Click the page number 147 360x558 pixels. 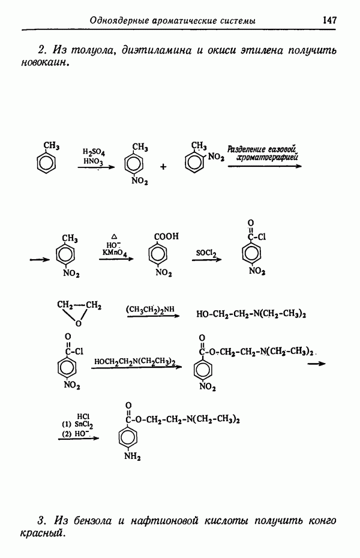click(329, 20)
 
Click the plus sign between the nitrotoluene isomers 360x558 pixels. click(163, 167)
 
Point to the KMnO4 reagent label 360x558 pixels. click(113, 254)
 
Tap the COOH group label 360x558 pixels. click(166, 236)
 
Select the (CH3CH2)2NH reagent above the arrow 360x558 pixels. click(150, 309)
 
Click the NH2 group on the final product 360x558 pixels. click(132, 459)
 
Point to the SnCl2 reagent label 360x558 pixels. click(83, 424)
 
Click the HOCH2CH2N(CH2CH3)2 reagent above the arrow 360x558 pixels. click(134, 361)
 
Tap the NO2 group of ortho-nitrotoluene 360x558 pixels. click(216, 158)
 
